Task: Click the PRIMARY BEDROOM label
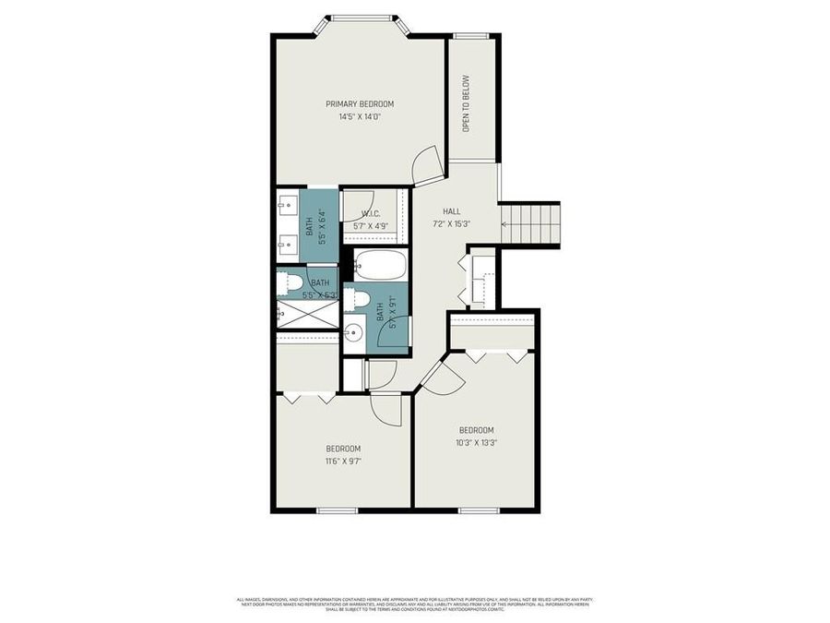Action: pyautogui.click(x=360, y=104)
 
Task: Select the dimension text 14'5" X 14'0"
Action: pyautogui.click(x=360, y=117)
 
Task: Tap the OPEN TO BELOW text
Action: pyautogui.click(x=467, y=103)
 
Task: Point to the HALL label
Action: pyautogui.click(x=451, y=211)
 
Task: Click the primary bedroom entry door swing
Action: pyautogui.click(x=428, y=166)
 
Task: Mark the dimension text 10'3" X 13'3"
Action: pyautogui.click(x=477, y=443)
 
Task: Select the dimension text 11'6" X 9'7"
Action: pyautogui.click(x=342, y=461)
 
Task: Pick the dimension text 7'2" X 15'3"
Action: pyautogui.click(x=451, y=224)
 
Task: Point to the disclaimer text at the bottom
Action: pyautogui.click(x=414, y=604)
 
